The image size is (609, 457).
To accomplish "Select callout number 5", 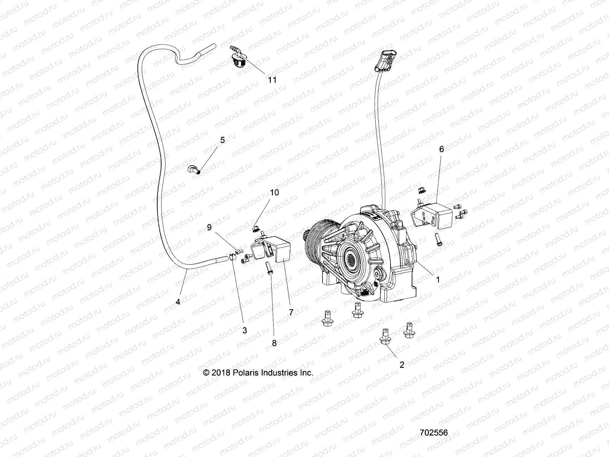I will click(222, 140).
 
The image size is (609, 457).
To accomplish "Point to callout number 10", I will click(274, 192).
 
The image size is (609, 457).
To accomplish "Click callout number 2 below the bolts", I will click(402, 364).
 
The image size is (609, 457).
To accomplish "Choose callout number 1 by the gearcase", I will click(438, 279).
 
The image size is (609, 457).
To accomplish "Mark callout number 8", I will click(274, 343).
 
